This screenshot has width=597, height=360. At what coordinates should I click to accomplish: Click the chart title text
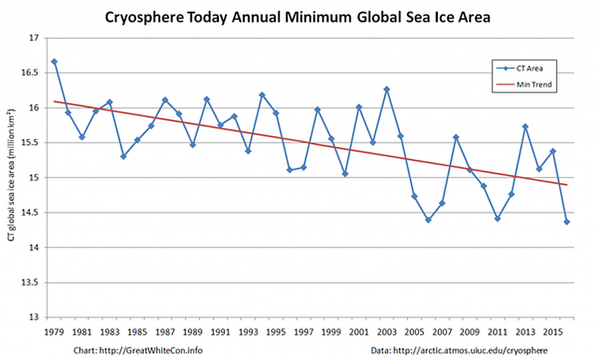pos(298,18)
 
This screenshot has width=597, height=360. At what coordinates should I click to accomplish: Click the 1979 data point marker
pos(54,62)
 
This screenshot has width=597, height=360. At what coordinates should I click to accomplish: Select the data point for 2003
pos(387,89)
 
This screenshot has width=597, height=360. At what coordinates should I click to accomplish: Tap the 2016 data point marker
pos(567,221)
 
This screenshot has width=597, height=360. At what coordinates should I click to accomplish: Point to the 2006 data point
pos(429,220)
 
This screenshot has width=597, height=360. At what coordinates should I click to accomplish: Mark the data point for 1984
pos(123,156)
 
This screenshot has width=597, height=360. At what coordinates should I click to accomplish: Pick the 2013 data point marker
pos(525,127)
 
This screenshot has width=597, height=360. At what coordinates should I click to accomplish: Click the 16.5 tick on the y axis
pos(33,73)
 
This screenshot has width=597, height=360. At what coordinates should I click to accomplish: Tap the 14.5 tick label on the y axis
pos(33,213)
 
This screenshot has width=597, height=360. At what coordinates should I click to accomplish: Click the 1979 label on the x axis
pos(54,330)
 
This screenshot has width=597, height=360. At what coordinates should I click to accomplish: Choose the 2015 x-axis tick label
pos(553,330)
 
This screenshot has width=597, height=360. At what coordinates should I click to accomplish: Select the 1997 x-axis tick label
pos(303,330)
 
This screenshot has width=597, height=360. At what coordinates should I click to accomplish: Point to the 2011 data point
pos(497,218)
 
